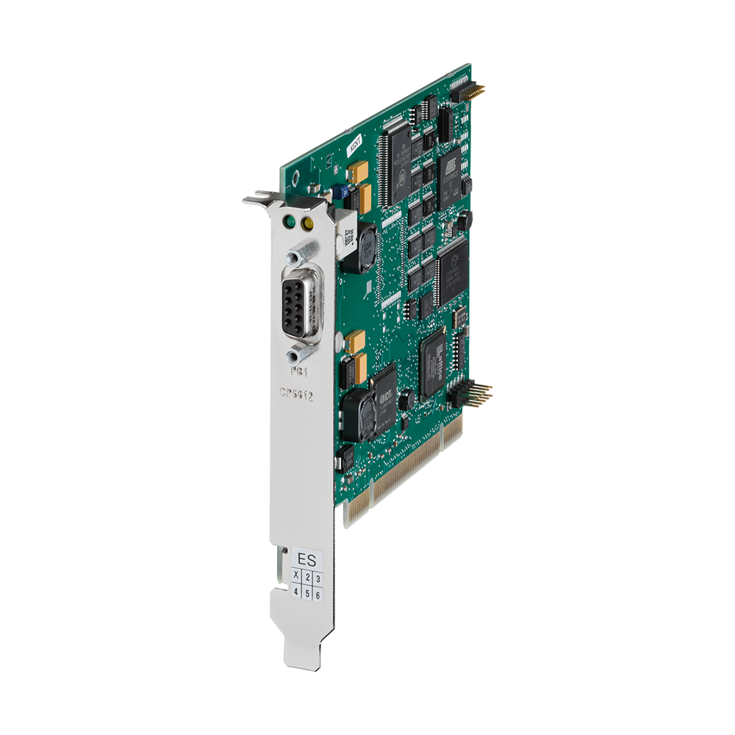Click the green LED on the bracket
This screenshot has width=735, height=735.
click(291, 220)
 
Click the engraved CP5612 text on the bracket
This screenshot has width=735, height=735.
click(296, 395)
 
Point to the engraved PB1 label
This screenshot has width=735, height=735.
click(299, 371)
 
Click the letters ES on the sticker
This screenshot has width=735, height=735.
click(305, 556)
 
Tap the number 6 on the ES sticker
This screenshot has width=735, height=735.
click(318, 595)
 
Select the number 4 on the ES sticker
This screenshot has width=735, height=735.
click(295, 591)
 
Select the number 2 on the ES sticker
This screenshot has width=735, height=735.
click(307, 577)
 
